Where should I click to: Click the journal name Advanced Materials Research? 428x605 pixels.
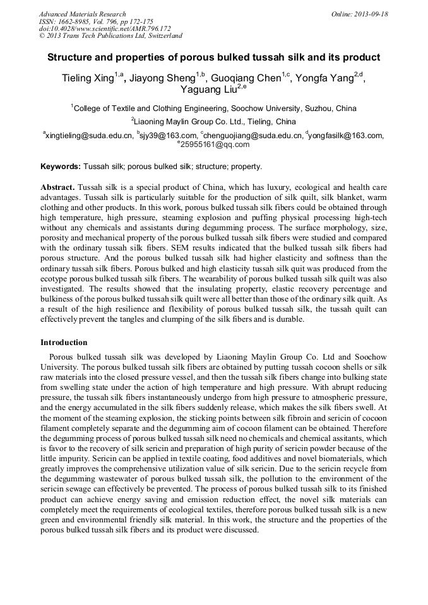(83, 14)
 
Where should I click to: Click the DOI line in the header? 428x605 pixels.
(105, 29)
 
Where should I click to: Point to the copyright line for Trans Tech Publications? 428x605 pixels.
(110, 37)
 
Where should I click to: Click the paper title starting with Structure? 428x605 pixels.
(214, 57)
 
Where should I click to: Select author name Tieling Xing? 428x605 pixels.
(88, 79)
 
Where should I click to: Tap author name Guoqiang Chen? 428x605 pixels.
(251, 79)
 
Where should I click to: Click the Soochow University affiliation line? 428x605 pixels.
(215, 109)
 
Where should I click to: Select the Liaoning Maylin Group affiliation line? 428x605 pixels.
(214, 122)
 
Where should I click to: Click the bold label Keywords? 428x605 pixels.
(61, 167)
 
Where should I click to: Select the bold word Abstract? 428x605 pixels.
(58, 188)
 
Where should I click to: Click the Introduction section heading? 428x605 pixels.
(64, 343)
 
